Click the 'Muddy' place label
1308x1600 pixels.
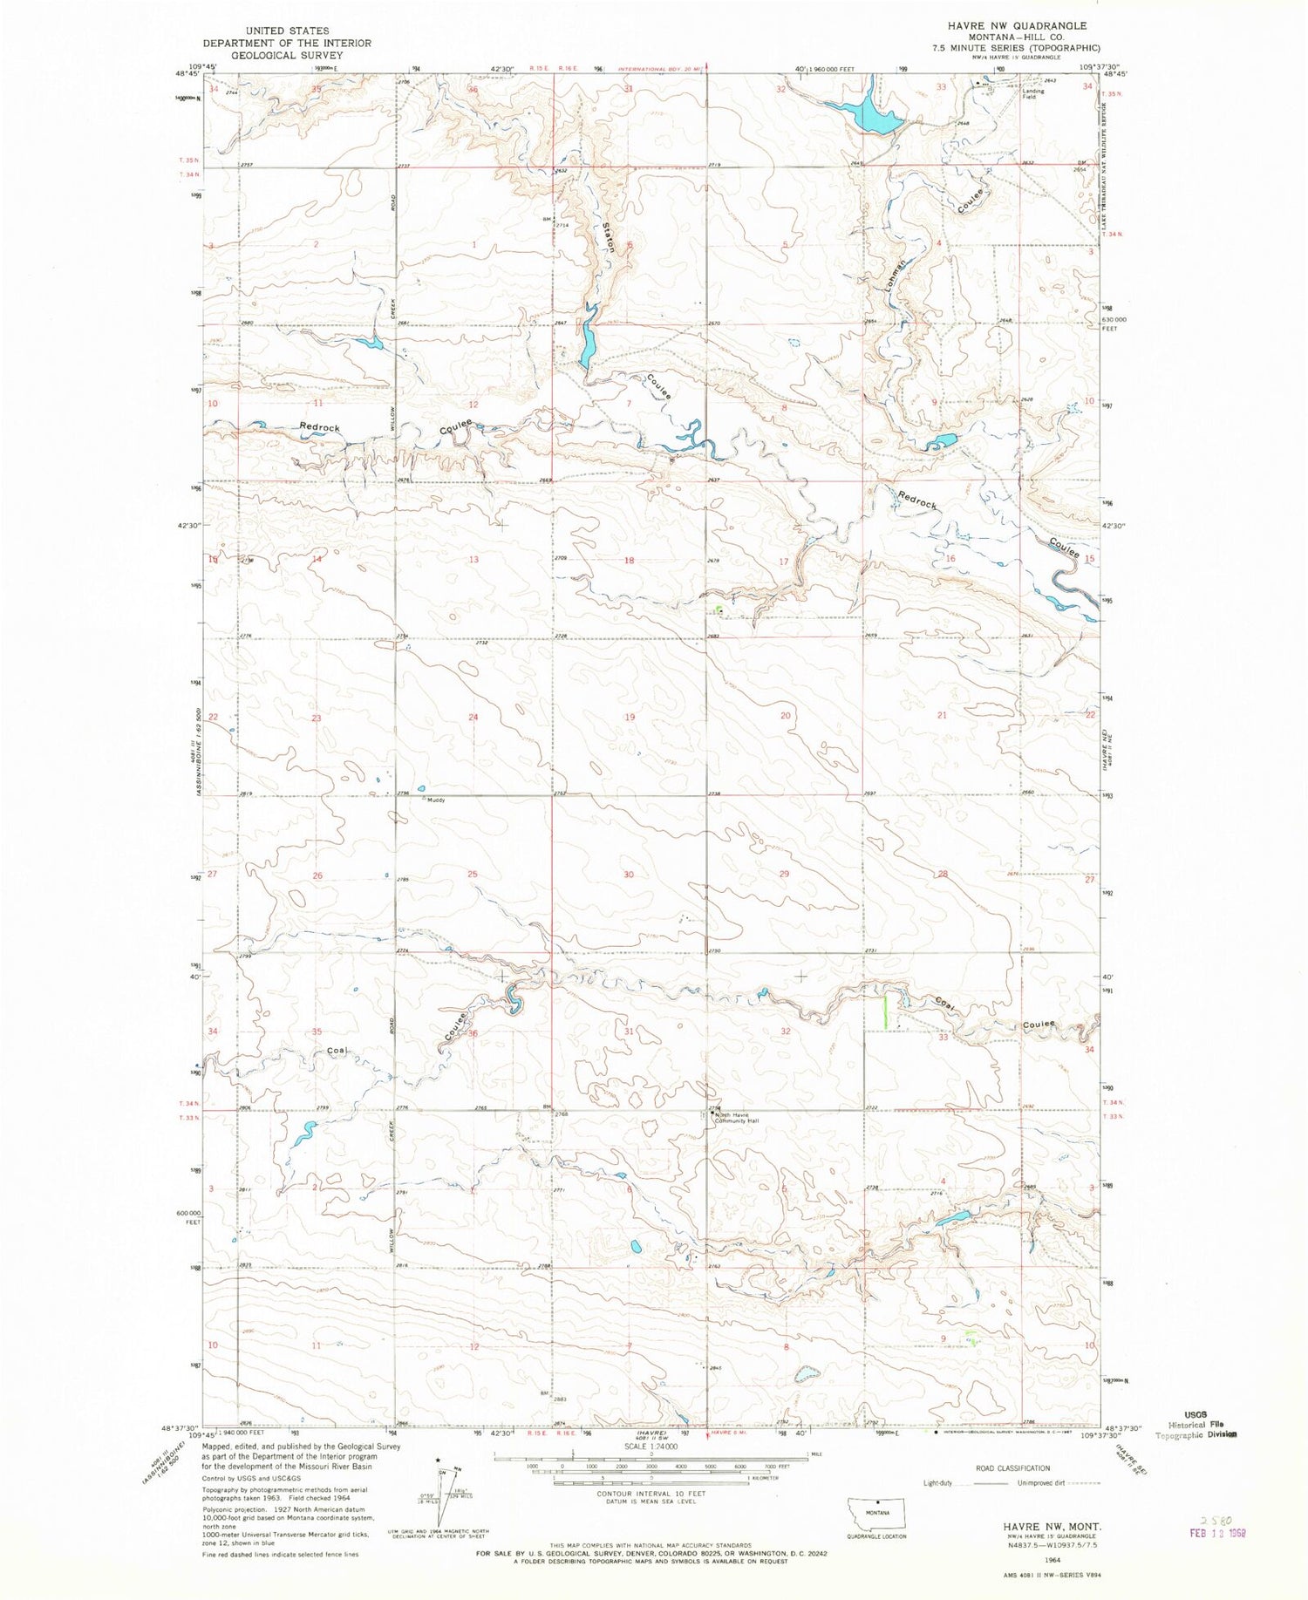pos(435,800)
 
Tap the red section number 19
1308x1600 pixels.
pos(629,717)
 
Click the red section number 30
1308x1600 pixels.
pos(629,874)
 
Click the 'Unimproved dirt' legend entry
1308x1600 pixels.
pos(1042,1481)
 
